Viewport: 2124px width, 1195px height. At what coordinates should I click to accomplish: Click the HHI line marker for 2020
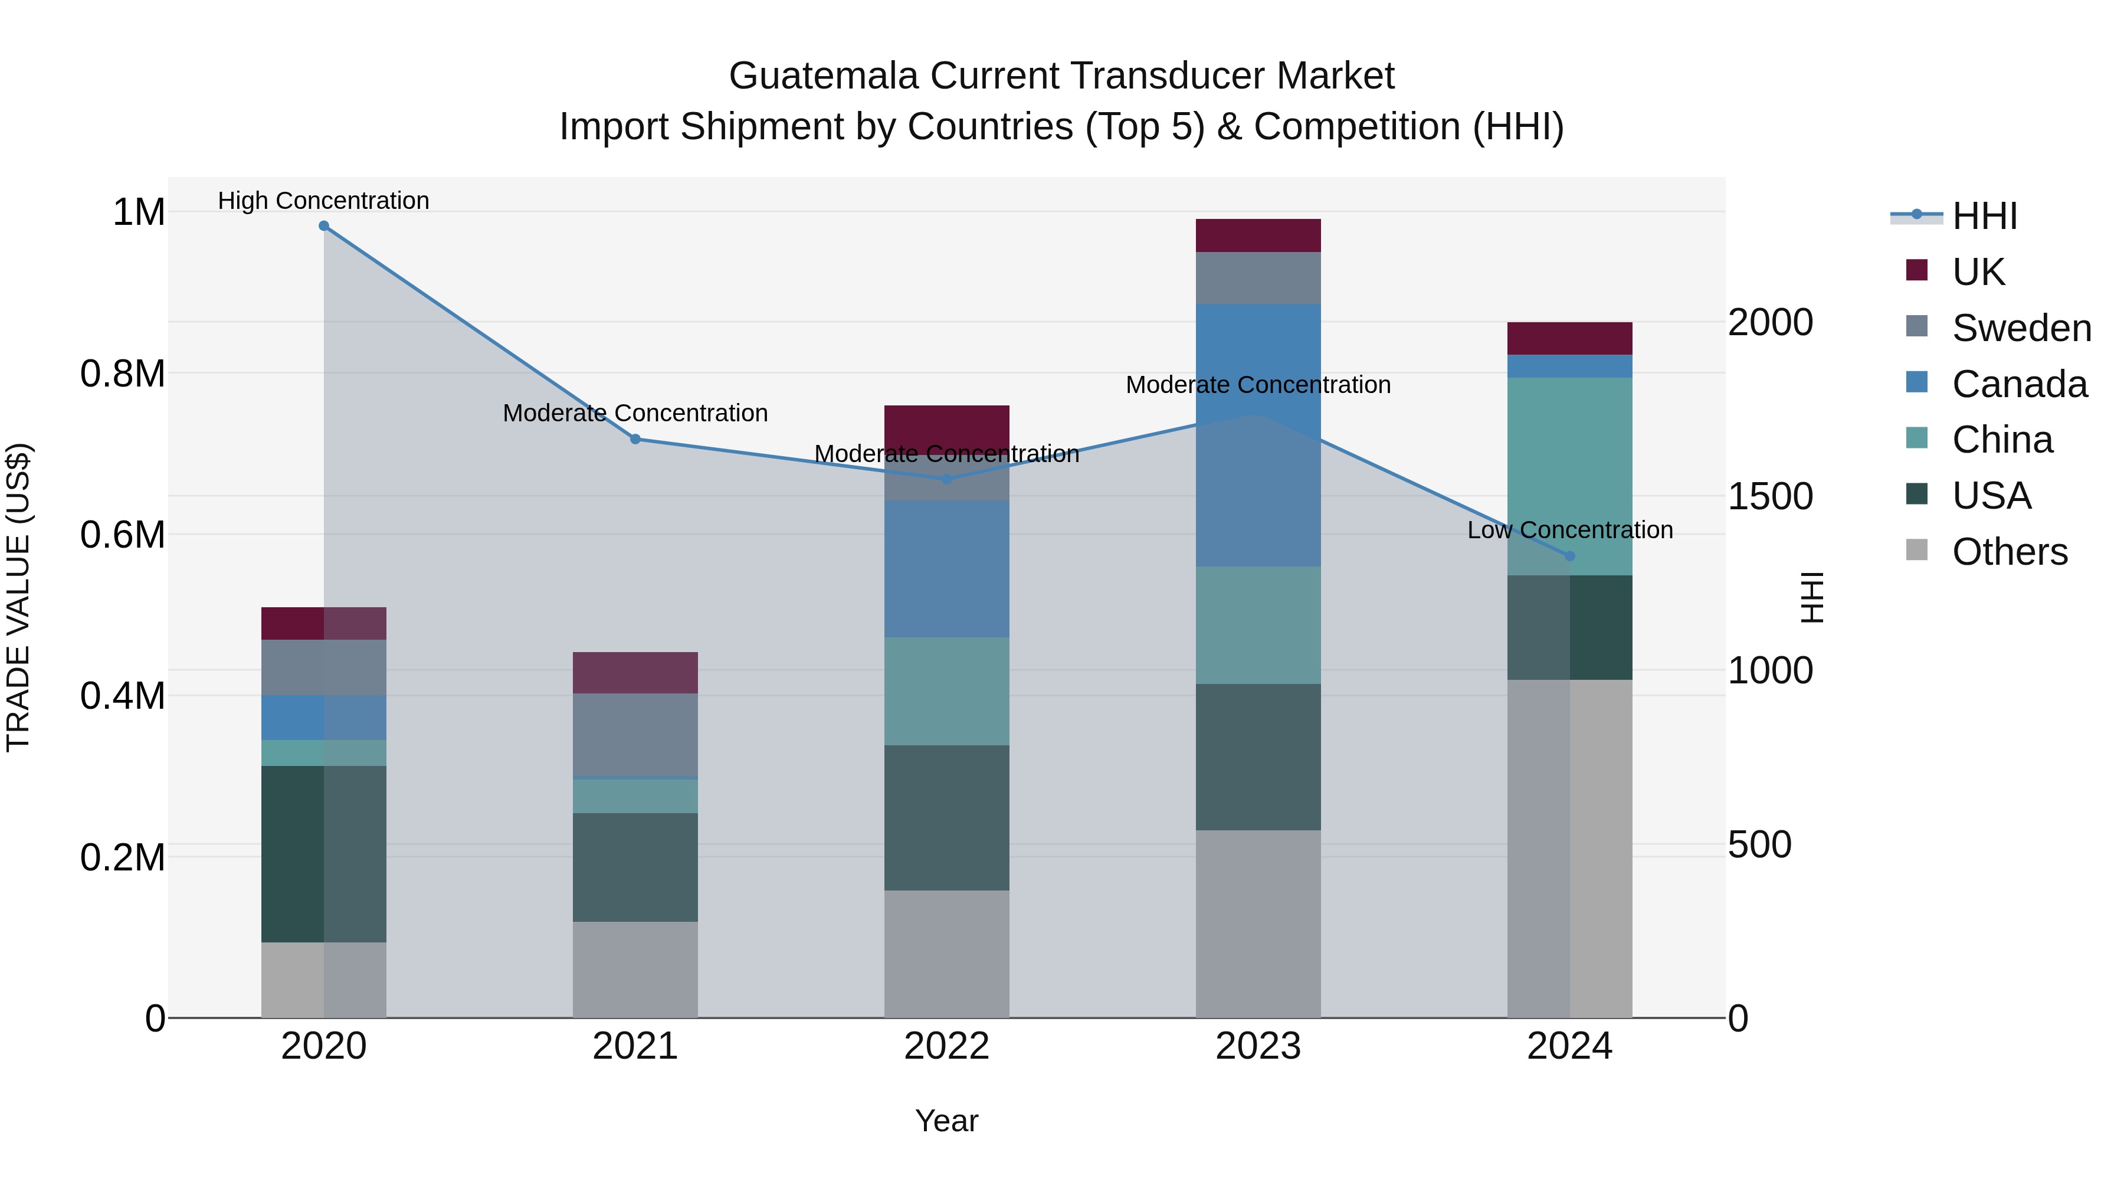(x=323, y=226)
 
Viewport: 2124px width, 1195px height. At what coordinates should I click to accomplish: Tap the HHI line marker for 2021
(x=635, y=440)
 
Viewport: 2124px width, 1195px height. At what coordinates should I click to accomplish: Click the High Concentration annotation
(x=323, y=201)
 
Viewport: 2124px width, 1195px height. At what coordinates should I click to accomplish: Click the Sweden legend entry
(x=2020, y=328)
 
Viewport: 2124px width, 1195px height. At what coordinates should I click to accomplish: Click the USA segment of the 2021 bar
(x=635, y=867)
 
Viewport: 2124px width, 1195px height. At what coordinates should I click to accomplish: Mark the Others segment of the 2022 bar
(x=946, y=954)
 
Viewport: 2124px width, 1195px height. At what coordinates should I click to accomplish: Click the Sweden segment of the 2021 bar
(x=635, y=734)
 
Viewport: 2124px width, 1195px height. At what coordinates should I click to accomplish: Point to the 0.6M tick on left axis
(x=123, y=535)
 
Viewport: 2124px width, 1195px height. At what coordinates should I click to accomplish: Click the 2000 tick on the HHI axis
(x=1769, y=322)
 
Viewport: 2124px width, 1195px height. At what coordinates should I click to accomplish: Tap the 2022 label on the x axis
(x=946, y=1046)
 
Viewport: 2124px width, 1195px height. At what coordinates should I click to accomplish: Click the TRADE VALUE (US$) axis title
(x=18, y=597)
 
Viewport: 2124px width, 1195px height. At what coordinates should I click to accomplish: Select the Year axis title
(x=946, y=1121)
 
